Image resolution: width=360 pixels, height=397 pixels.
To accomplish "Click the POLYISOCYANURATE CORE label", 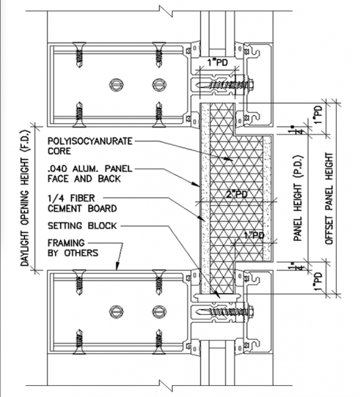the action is (x=90, y=146).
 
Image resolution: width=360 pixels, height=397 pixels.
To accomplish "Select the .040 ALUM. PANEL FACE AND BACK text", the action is (x=90, y=173).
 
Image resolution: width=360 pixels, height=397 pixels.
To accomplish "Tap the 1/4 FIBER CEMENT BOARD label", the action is (x=82, y=203).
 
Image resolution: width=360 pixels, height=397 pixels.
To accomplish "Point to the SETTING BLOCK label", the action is (x=82, y=226).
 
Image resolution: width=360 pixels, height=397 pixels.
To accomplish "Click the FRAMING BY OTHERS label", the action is (x=73, y=248).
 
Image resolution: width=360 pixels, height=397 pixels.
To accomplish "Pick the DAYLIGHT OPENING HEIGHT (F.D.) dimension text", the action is (x=24, y=198).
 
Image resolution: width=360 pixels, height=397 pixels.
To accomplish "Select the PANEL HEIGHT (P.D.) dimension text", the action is (x=298, y=198).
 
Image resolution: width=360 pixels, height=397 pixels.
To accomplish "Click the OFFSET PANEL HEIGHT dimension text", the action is (x=329, y=198).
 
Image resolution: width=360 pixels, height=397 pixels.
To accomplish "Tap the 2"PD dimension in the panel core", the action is (x=236, y=195).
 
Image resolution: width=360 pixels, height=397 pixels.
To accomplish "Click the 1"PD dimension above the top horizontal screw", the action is (x=218, y=62).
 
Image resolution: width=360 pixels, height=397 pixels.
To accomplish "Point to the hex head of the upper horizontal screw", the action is (x=251, y=84).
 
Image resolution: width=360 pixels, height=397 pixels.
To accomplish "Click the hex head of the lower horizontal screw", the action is (x=251, y=312).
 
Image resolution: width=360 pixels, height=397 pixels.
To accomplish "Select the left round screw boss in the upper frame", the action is (x=116, y=84).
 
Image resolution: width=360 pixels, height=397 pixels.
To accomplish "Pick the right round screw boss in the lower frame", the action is (x=159, y=312).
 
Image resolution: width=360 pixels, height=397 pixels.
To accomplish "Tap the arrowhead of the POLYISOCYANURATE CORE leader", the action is (x=229, y=159).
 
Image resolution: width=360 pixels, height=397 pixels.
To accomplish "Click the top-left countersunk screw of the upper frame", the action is (x=79, y=55).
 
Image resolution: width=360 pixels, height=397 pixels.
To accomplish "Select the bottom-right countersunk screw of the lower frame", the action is (x=159, y=342).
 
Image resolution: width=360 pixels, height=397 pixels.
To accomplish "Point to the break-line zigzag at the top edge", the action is (x=166, y=11).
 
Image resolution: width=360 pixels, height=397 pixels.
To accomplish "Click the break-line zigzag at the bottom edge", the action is (x=166, y=386).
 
